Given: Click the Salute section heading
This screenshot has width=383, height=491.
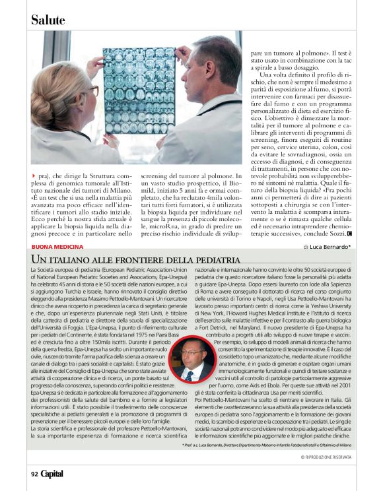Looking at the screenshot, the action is pyautogui.click(x=48, y=20).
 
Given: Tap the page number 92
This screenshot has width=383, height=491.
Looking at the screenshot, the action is pyautogui.click(x=34, y=473).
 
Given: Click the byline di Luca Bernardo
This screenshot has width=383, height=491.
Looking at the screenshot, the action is pyautogui.click(x=328, y=247).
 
